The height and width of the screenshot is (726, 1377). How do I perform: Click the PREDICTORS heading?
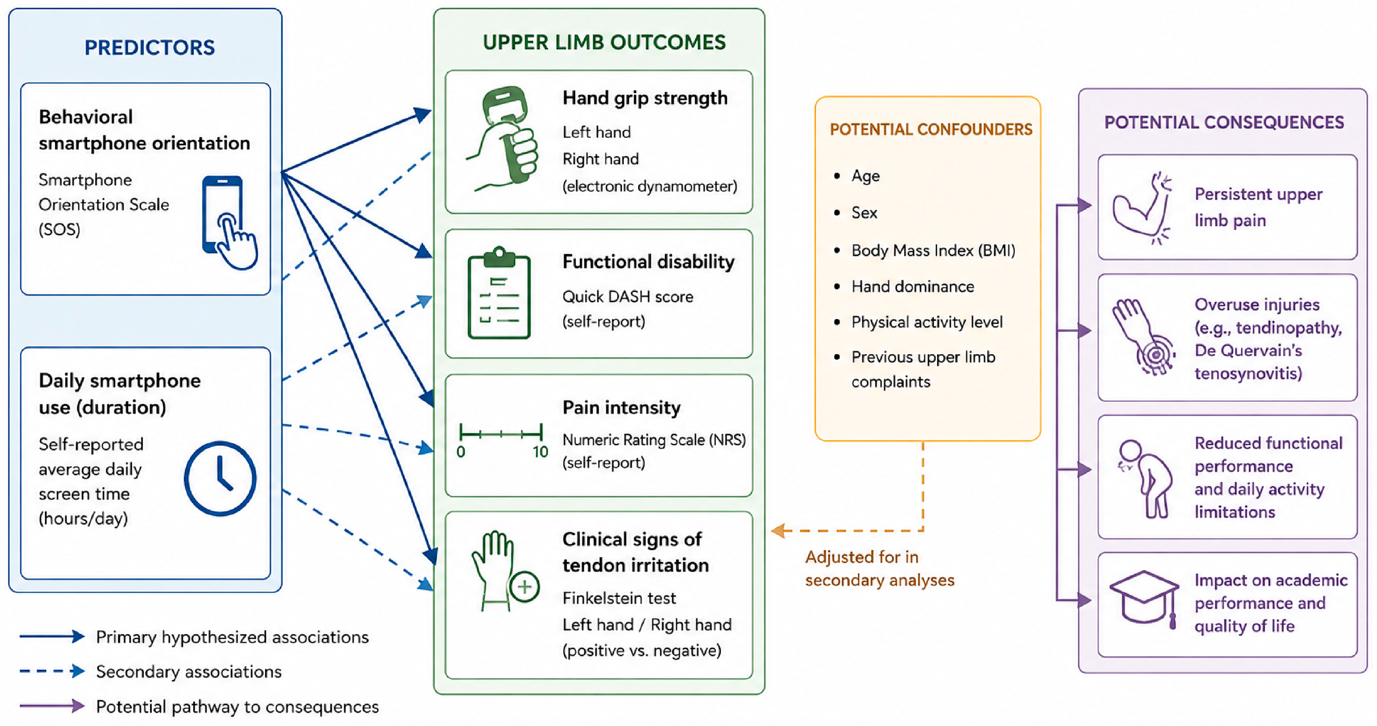150,47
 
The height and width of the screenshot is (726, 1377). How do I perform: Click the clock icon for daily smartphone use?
220,478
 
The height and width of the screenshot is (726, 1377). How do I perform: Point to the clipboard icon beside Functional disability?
499,292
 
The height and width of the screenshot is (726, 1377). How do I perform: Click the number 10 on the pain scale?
540,452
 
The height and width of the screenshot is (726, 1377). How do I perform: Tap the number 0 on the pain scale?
461,452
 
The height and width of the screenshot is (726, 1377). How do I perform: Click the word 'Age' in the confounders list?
865,176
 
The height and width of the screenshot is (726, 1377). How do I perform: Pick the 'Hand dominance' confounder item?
913,287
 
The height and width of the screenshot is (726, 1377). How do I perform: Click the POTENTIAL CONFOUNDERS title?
931,130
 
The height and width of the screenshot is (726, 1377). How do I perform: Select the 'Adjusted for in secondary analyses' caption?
880,568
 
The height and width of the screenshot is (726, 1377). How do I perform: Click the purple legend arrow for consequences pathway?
52,706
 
